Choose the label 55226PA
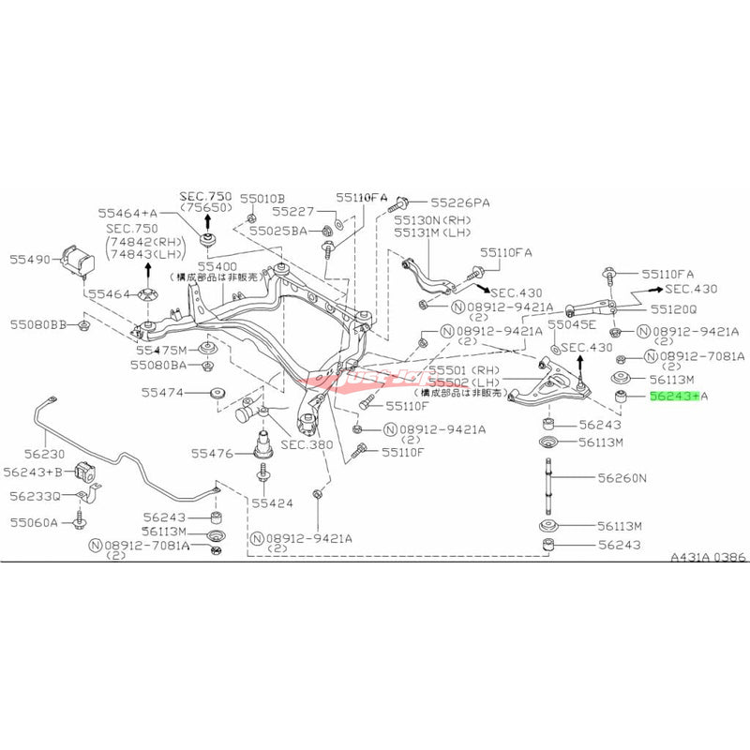click(460, 202)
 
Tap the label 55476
click(213, 453)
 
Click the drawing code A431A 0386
click(708, 557)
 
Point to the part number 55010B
click(261, 199)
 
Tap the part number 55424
click(272, 502)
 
